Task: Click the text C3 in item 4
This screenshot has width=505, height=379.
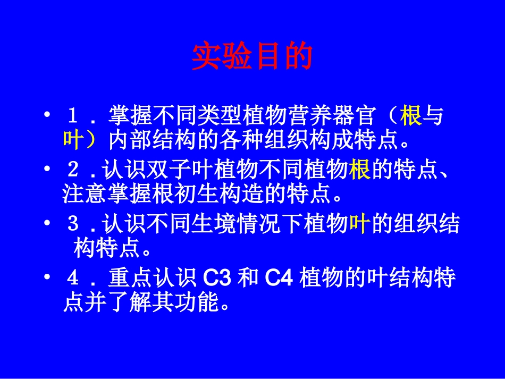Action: pos(217,279)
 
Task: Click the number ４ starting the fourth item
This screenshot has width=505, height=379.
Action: pos(74,279)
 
